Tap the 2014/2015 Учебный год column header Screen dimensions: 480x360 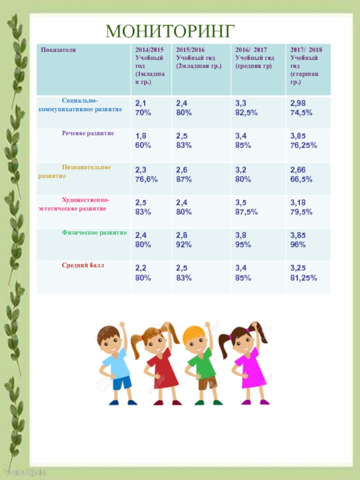(x=150, y=66)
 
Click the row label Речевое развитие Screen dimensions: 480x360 (x=88, y=134)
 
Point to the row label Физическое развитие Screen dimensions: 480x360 (x=94, y=233)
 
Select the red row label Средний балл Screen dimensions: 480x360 (x=83, y=265)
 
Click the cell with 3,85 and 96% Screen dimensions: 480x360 (x=299, y=240)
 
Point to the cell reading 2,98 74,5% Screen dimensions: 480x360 (x=301, y=108)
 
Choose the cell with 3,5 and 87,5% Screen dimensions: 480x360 (x=247, y=207)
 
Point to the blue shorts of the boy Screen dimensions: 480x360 (x=122, y=382)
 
